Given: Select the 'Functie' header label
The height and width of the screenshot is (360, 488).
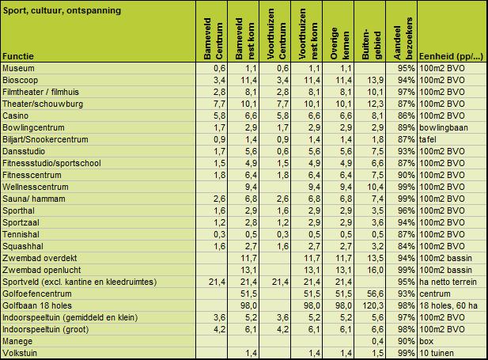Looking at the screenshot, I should (x=17, y=57).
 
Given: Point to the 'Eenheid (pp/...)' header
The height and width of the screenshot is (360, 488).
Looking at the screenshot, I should (x=449, y=57).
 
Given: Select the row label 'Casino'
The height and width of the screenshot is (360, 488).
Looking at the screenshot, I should (x=17, y=115).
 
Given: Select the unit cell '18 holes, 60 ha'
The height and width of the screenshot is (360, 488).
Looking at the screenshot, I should (x=448, y=305).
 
